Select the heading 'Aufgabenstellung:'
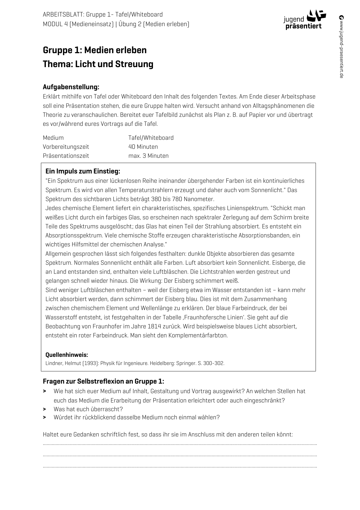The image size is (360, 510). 71,87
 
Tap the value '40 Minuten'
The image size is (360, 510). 143,147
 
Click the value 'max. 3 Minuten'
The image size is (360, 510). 148,156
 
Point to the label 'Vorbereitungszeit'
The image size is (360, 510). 66,147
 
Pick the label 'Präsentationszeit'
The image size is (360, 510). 66,156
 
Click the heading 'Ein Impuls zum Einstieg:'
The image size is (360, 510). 83,171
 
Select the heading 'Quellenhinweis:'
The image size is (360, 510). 67,355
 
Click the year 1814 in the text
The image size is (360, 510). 154,326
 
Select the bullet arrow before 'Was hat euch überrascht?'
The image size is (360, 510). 45,409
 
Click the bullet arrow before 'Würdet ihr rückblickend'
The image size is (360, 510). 45,418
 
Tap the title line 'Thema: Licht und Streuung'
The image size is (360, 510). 98,64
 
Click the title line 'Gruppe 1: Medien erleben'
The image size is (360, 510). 95,50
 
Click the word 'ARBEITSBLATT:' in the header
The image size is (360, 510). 64,15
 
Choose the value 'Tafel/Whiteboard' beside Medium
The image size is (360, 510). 151,138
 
